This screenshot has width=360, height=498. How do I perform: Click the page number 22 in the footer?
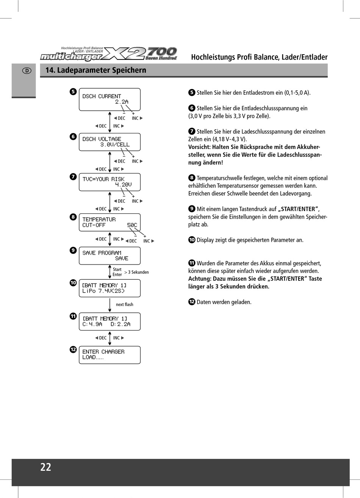(x=46, y=467)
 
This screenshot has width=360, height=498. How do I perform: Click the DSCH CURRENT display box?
(x=110, y=99)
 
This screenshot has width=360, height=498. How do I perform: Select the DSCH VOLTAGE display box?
(x=110, y=142)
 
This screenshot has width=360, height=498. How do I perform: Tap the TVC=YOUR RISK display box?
(x=110, y=182)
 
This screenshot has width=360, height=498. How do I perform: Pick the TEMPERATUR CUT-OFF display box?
(x=110, y=222)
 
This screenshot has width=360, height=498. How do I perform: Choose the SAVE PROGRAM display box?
(x=110, y=255)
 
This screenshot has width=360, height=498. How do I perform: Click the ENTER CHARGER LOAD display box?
(x=110, y=355)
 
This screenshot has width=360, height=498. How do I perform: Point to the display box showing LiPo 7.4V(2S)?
(x=110, y=288)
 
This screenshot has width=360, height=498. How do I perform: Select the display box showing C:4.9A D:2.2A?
(x=110, y=321)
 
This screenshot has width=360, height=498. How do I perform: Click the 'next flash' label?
(x=124, y=304)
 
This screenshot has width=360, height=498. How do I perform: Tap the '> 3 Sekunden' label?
(x=136, y=272)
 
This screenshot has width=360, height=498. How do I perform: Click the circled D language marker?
(x=27, y=70)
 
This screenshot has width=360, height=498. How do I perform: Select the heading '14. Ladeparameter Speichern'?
(x=95, y=70)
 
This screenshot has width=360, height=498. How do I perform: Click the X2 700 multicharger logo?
(x=109, y=54)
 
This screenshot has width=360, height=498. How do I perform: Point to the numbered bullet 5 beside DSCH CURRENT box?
(x=73, y=91)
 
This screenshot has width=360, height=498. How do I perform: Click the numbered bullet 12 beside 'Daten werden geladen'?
(x=192, y=302)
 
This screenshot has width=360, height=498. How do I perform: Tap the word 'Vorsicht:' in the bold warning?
(x=199, y=147)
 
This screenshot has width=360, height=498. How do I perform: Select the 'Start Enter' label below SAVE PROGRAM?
(x=117, y=272)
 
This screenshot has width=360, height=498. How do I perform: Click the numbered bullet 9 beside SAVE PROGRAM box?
(x=73, y=250)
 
